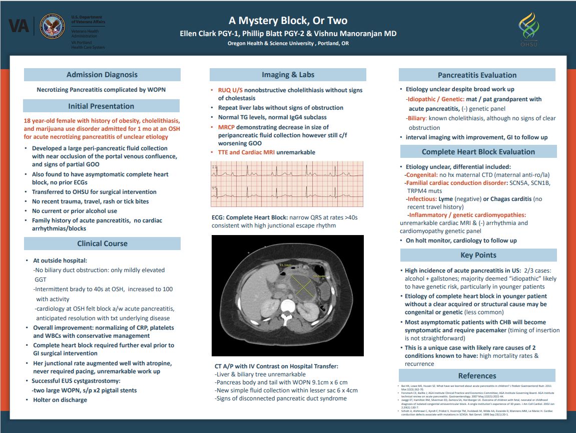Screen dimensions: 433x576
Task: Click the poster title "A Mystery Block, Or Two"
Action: click(288, 21)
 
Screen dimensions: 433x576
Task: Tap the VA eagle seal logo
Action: click(51, 25)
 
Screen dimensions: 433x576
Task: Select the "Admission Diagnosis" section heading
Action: click(102, 75)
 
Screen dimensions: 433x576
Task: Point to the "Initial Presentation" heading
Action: click(101, 106)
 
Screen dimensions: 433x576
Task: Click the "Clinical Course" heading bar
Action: click(102, 244)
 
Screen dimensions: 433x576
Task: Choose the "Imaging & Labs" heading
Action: click(288, 75)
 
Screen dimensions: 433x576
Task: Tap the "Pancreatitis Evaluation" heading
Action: click(477, 75)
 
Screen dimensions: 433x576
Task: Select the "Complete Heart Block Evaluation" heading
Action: click(478, 152)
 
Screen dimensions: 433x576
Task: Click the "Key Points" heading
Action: click(478, 255)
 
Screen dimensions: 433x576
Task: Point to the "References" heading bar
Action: click(477, 375)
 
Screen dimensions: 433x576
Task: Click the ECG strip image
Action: click(287, 184)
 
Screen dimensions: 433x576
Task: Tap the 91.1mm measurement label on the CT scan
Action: click(285, 265)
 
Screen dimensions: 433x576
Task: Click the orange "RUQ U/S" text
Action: click(231, 90)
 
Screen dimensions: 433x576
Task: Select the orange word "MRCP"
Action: click(227, 127)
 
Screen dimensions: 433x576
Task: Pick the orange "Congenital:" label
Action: click(421, 175)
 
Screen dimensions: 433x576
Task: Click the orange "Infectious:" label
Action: click(422, 199)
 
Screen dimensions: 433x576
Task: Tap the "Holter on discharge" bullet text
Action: click(60, 400)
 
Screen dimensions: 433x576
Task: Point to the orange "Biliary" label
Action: click(416, 118)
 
